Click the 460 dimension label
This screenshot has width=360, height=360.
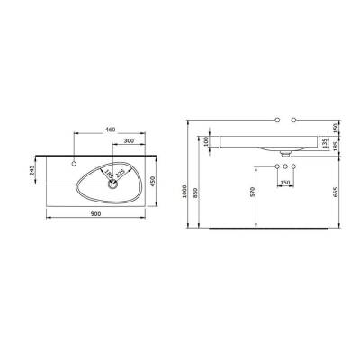click(x=110, y=131)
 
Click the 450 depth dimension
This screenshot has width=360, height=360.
click(x=155, y=183)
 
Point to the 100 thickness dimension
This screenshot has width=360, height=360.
click(x=206, y=141)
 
